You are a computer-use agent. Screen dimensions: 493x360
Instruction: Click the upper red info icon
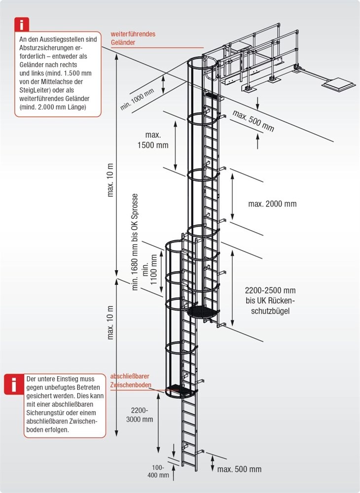coord(22,25)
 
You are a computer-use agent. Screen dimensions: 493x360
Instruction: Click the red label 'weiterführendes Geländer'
coord(133,38)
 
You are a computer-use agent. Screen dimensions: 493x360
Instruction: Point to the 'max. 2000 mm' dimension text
coord(272,204)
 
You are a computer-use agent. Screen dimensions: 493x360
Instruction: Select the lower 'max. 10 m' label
coord(110,322)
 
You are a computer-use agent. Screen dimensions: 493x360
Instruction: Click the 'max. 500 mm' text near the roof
coord(253,121)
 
